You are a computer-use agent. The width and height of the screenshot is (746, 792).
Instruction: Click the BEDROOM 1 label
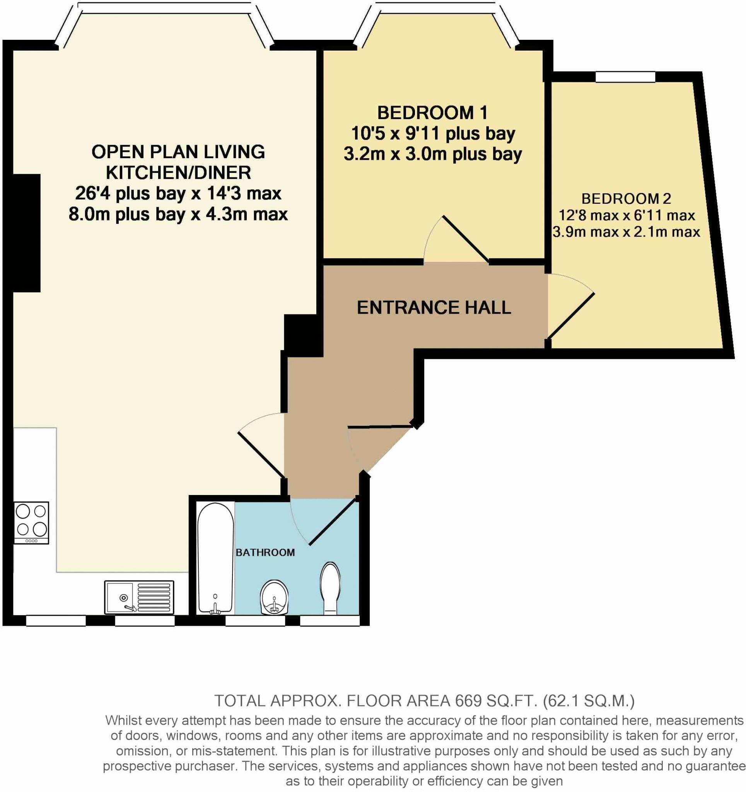[x=432, y=113]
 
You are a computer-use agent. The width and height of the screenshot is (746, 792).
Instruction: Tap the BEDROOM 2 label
[x=626, y=198]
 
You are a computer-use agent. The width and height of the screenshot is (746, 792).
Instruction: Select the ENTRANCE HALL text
[x=434, y=307]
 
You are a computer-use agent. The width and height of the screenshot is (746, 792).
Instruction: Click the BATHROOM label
[x=265, y=553]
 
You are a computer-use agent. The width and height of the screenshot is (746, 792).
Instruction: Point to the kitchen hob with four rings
[x=31, y=522]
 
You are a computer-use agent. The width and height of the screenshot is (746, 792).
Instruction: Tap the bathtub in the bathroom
[x=215, y=558]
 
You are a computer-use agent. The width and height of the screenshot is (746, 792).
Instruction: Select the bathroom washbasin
[x=274, y=597]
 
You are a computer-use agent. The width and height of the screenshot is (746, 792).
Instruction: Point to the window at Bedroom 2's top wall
[x=625, y=77]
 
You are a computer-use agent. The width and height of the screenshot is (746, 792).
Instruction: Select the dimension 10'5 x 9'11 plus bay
[x=433, y=133]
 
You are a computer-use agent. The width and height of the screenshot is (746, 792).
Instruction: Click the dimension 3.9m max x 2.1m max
[x=626, y=232]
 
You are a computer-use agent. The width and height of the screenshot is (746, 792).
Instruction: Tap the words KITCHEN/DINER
[x=178, y=172]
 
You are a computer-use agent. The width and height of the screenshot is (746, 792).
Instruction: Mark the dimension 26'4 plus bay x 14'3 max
[x=178, y=193]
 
